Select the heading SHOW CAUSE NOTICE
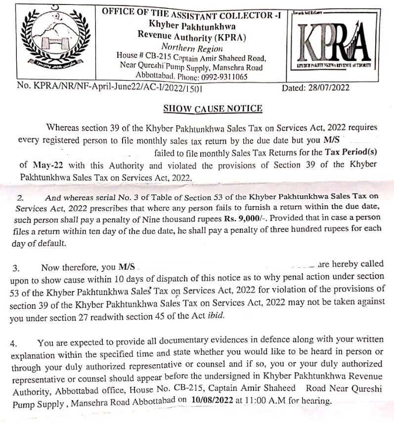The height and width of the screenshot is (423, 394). (x=213, y=109)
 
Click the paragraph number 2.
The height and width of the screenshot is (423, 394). (x=20, y=198)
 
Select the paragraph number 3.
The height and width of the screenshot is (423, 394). (x=16, y=268)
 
